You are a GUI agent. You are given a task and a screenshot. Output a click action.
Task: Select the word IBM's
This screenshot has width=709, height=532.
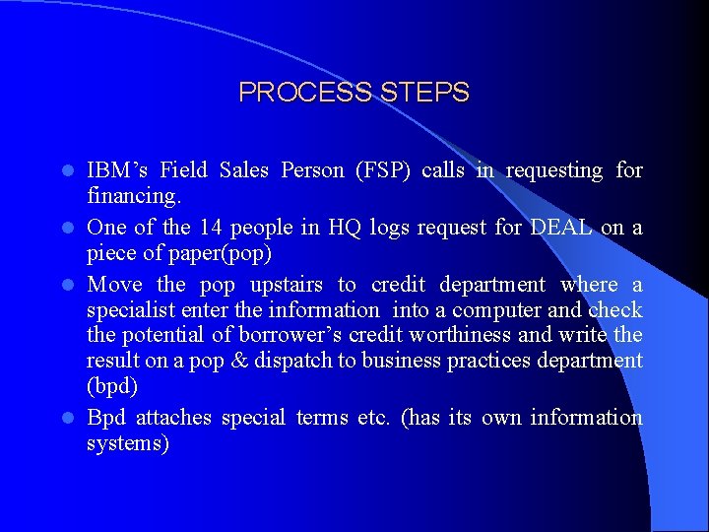116,170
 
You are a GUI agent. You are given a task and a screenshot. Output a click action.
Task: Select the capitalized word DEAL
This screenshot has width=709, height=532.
561,228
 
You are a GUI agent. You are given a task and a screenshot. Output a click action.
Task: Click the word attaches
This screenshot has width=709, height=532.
173,418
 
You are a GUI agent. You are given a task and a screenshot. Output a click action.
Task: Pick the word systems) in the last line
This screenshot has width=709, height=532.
128,443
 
